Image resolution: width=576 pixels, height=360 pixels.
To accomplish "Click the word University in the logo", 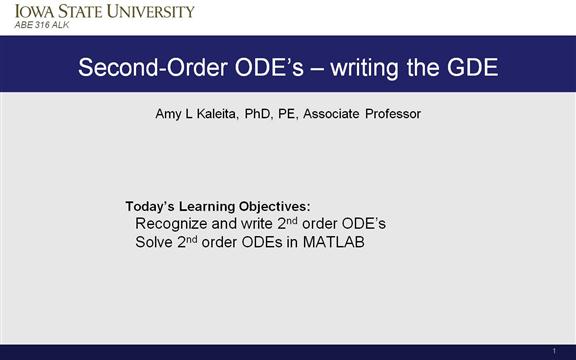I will [148, 11].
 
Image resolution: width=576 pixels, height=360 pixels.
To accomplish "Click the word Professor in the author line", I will [392, 114].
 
